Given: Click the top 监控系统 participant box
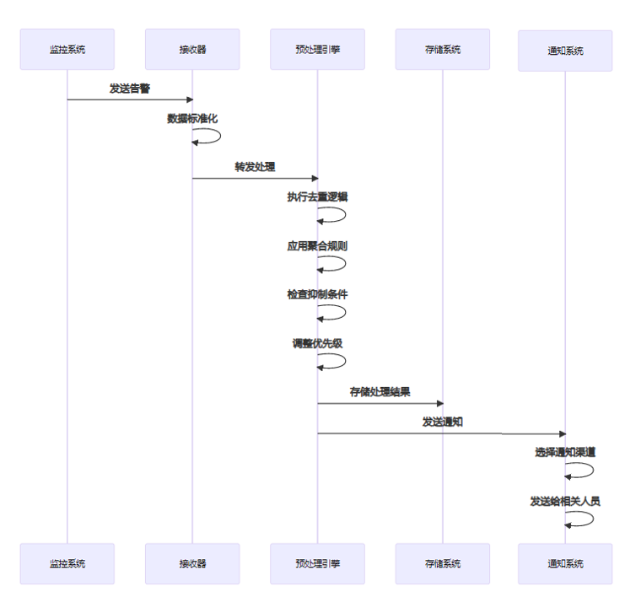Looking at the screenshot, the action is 67,50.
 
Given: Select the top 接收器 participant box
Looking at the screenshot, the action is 192,50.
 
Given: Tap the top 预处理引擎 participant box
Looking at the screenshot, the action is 318,50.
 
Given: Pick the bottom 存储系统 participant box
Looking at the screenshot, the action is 443,563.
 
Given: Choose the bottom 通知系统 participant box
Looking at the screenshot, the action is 565,563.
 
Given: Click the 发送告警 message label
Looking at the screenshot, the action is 130,89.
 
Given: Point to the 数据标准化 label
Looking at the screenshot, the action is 192,118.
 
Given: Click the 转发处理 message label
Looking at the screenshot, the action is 255,167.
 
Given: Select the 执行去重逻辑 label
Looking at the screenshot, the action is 318,196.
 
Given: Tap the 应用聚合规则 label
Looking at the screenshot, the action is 318,246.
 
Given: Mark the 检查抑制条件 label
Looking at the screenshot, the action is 318,294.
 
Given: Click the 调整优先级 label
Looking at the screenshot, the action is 318,343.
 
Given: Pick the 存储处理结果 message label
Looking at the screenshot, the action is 380,392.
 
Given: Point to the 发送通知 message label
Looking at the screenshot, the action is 443,422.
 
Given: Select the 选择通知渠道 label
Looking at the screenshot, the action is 565,452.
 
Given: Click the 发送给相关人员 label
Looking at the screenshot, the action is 565,501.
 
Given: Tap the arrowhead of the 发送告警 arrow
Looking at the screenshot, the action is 190,99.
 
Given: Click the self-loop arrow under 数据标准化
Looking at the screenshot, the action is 220,136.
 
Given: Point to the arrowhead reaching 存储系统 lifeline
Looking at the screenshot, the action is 440,404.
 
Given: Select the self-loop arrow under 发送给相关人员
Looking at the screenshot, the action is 593,519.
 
